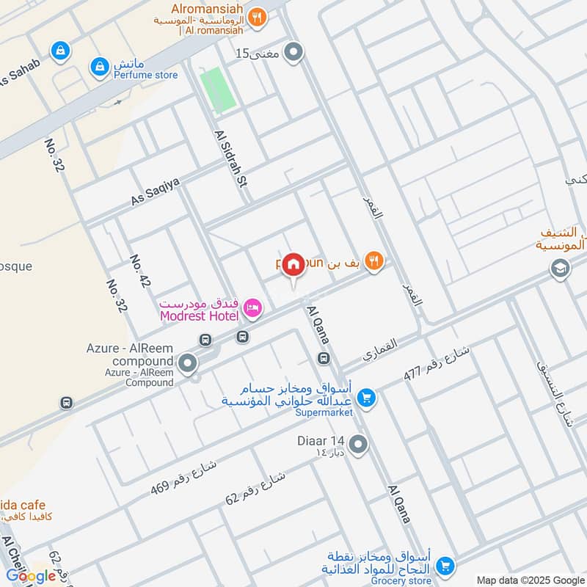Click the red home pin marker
(x=293, y=265)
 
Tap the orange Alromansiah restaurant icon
(x=256, y=17)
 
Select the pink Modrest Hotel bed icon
(x=252, y=309)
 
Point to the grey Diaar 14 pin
(x=358, y=444)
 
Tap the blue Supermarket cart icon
(x=365, y=397)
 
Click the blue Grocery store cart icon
(x=443, y=566)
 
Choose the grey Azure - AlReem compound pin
(x=188, y=362)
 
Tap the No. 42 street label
(x=139, y=271)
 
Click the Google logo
(x=32, y=576)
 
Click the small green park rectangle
(x=219, y=90)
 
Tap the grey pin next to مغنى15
(x=293, y=53)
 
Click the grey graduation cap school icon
(x=560, y=269)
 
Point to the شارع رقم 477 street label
(x=436, y=363)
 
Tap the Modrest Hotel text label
(x=198, y=316)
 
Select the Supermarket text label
(x=325, y=412)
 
